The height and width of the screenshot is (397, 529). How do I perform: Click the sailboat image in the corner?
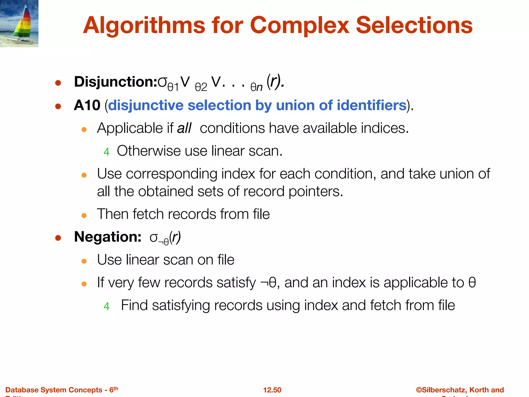[x=19, y=24]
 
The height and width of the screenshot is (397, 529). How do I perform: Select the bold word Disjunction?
[x=115, y=82]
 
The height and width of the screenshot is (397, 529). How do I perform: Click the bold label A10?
[x=87, y=105]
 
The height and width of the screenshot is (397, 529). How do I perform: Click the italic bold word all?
[x=184, y=128]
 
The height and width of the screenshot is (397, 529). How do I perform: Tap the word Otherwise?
[x=149, y=151]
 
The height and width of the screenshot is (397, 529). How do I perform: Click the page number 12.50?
[x=272, y=390]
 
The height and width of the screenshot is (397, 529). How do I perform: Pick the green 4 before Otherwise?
[x=106, y=152]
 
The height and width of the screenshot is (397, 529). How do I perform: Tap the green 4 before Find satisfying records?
[x=106, y=306]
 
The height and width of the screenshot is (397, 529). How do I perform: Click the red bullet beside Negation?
[x=58, y=238]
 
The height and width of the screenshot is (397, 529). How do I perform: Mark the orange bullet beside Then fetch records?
[x=84, y=215]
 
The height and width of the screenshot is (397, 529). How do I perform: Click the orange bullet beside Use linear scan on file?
[x=84, y=261]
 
